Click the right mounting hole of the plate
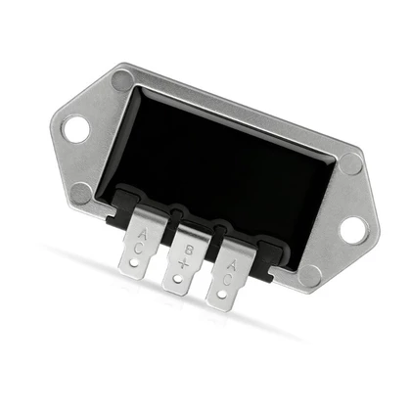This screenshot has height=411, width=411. pos(354,230)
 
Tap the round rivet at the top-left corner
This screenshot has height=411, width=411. pos(122,80)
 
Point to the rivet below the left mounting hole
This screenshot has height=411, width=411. pos(81,193)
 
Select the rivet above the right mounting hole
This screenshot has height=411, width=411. pos(351,163)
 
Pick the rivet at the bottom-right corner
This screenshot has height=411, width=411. pos(309,276)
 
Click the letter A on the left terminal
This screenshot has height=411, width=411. pos(143,235)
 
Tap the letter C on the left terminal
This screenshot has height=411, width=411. pos(138,249)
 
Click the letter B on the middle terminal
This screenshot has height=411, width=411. pos(189,251)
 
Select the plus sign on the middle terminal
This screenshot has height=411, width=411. pos(184,263)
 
